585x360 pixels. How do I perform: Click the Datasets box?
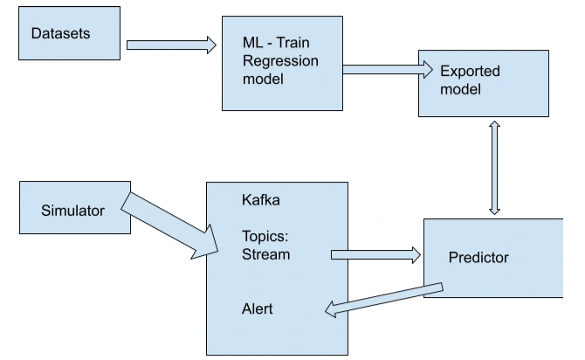tap(69, 33)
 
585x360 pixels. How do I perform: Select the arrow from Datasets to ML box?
tap(171, 45)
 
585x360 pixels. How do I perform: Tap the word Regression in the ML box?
tap(280, 61)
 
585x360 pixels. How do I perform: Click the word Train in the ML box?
tap(293, 43)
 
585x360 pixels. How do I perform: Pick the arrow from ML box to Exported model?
tap(388, 69)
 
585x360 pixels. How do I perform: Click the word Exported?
tap(470, 71)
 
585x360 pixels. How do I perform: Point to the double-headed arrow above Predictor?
tap(495, 168)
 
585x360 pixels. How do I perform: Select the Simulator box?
tap(75, 208)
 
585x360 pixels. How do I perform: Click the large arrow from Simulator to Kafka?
tap(169, 225)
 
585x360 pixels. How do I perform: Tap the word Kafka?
tap(261, 200)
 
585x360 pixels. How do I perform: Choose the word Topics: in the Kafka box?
tap(265, 237)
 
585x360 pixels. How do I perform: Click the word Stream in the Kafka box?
tap(266, 254)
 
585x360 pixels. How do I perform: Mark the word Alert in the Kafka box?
tap(257, 308)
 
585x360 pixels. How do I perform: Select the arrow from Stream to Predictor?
tap(375, 255)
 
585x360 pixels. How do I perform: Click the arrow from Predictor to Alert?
tap(384, 300)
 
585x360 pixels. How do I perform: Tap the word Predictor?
tap(478, 257)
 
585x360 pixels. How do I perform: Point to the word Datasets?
tap(60, 33)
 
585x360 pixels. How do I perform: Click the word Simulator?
tap(72, 211)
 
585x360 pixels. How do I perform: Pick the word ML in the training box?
tap(252, 43)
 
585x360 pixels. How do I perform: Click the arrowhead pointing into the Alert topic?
tap(331, 309)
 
